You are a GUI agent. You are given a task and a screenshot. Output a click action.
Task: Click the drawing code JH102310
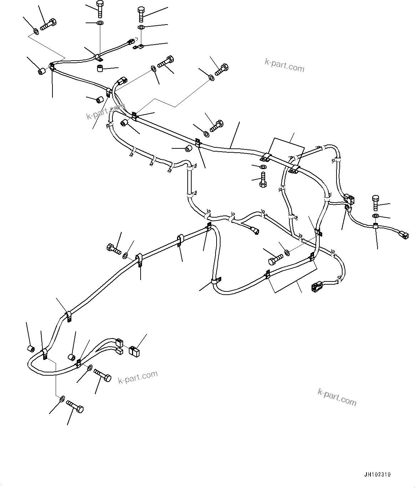click(x=378, y=474)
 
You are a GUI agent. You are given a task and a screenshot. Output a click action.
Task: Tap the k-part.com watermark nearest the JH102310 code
click(x=336, y=397)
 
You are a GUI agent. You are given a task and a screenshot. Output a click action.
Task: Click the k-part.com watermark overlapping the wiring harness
click(x=106, y=111)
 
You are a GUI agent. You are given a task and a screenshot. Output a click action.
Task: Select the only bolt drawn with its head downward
click(x=263, y=179)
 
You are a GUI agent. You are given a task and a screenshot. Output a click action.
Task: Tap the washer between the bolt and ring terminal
click(x=141, y=27)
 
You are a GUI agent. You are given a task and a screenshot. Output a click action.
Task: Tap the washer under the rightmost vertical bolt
click(x=375, y=216)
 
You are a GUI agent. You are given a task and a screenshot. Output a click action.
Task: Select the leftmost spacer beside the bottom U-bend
click(x=31, y=348)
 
